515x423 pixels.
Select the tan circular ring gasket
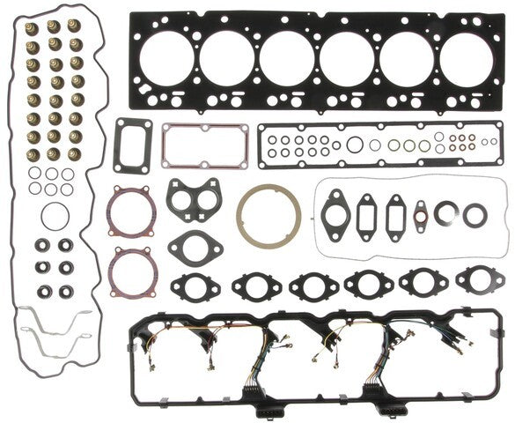268,216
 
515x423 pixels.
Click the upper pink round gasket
132,213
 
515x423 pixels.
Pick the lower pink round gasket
132,271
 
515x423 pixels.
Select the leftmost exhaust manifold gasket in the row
189,285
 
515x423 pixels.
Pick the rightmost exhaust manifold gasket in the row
475,280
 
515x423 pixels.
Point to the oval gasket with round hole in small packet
335,211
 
